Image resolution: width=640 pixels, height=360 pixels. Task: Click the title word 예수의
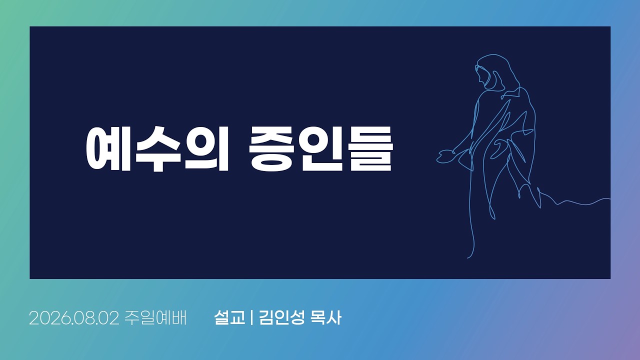pyautogui.click(x=157, y=149)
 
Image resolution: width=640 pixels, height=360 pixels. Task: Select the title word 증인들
pyautogui.click(x=321, y=149)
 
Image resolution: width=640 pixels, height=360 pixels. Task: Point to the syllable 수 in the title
pyautogui.click(x=158, y=149)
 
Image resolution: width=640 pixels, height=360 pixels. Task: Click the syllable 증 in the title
pyautogui.click(x=271, y=149)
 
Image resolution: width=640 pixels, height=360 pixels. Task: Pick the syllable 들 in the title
pyautogui.click(x=370, y=149)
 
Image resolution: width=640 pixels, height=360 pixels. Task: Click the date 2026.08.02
pyautogui.click(x=74, y=317)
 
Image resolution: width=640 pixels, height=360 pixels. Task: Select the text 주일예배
pyautogui.click(x=155, y=317)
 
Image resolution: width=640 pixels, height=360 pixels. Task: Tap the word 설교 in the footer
pyautogui.click(x=229, y=317)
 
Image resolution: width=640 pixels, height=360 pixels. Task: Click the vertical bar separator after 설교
pyautogui.click(x=251, y=317)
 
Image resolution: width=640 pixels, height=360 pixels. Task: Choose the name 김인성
pyautogui.click(x=281, y=317)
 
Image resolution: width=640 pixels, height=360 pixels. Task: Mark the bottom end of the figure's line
pyautogui.click(x=467, y=258)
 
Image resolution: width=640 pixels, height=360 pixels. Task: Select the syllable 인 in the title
pyautogui.click(x=321, y=149)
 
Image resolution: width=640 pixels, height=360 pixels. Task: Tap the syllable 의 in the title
pyautogui.click(x=207, y=149)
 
